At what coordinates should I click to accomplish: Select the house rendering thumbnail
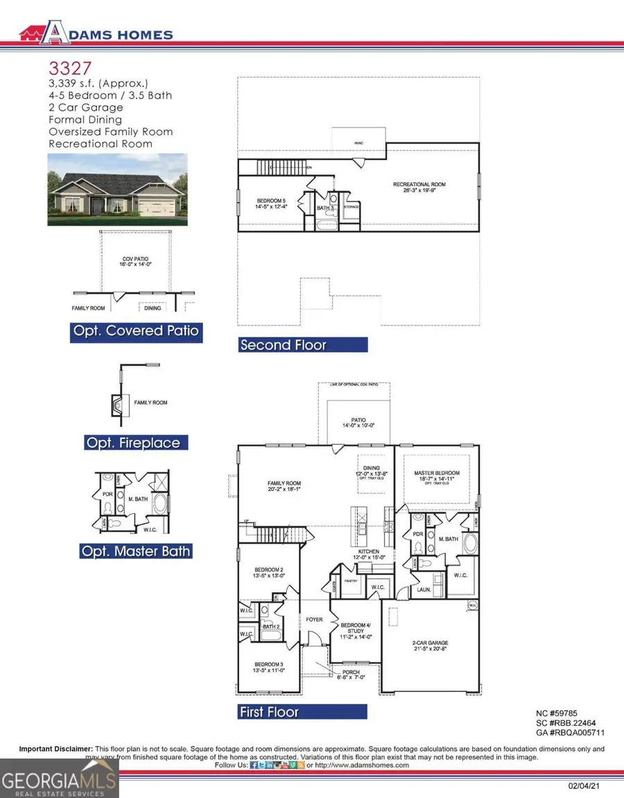116,189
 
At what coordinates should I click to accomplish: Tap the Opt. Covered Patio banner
136,331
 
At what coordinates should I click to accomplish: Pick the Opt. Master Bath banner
135,551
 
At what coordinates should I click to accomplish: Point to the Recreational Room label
419,184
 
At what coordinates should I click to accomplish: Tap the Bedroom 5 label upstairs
271,201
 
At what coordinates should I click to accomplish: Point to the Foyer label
314,619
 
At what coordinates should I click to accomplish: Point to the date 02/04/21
580,786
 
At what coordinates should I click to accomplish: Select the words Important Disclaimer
55,749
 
